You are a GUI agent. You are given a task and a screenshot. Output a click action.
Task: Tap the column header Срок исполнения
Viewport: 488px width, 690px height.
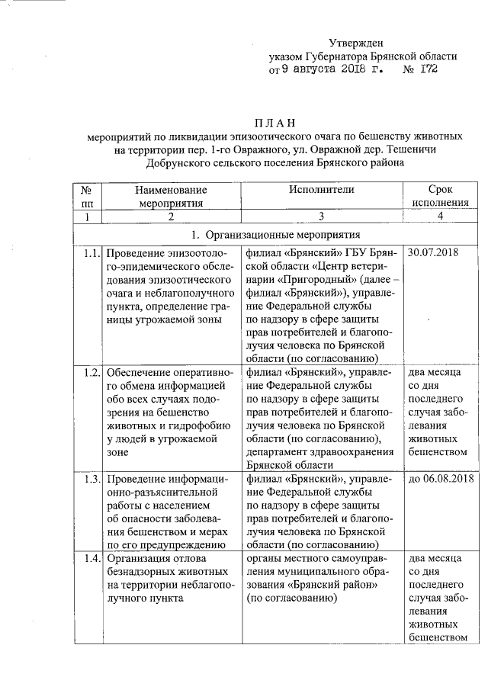[x=440, y=196]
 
